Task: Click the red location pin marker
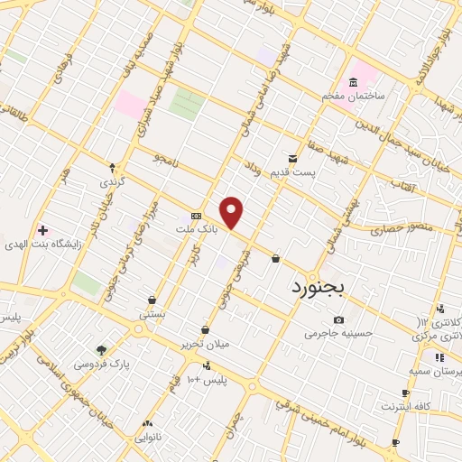(x=232, y=212)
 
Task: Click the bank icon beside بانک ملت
(x=196, y=217)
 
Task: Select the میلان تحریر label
(x=205, y=345)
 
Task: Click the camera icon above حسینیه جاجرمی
(x=338, y=319)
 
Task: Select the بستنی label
(x=152, y=315)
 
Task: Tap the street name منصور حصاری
(x=406, y=226)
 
